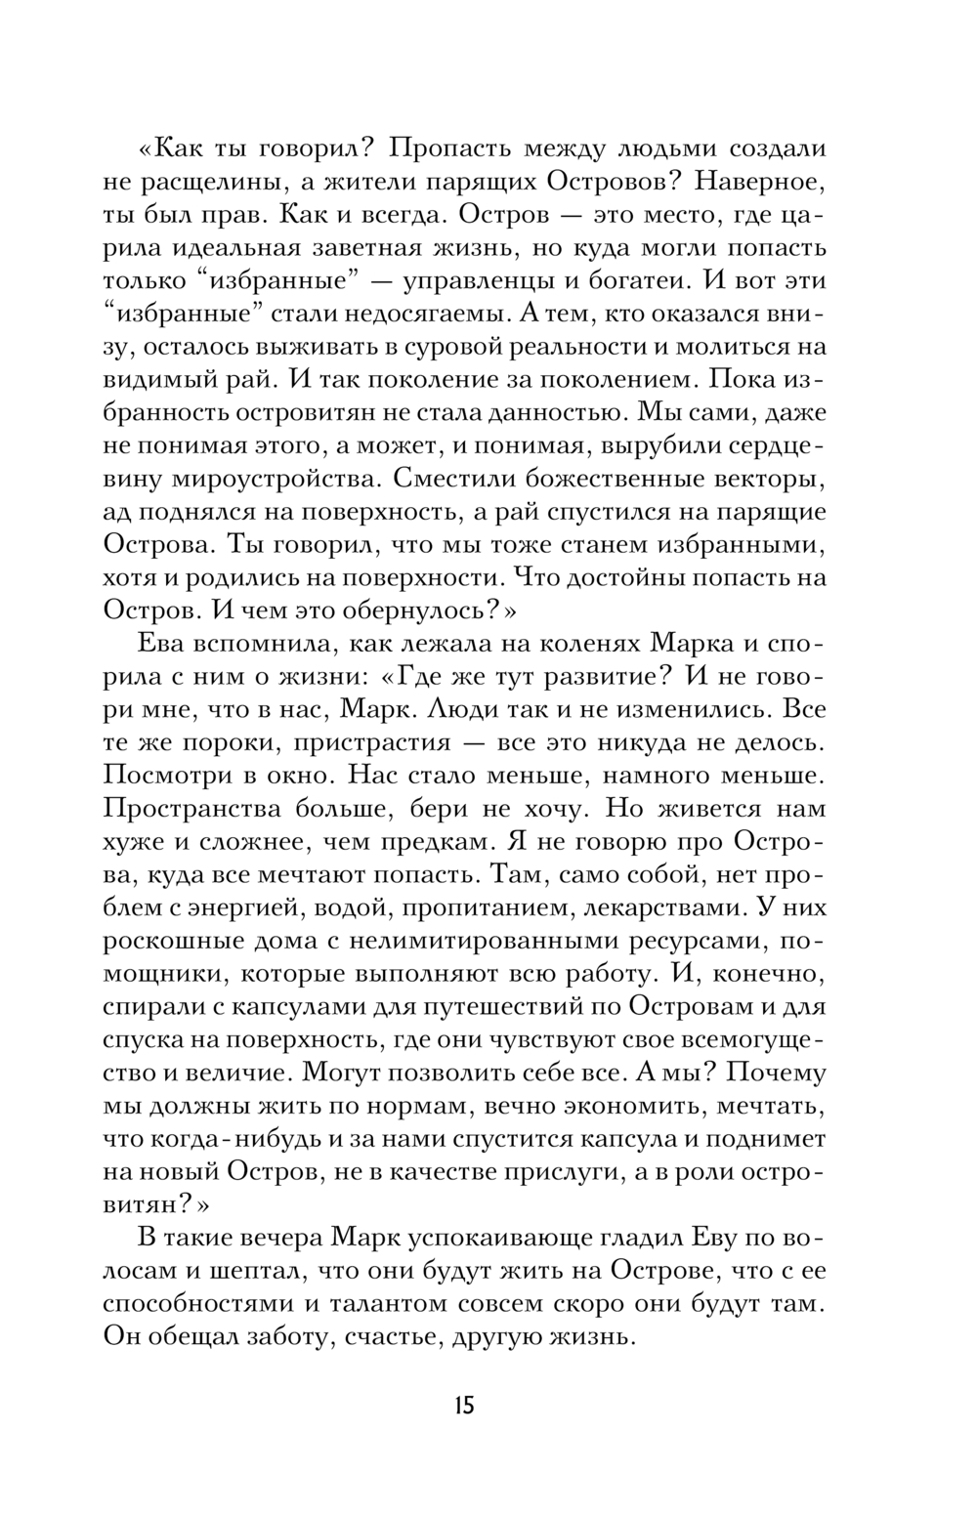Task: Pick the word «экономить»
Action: [x=603, y=1106]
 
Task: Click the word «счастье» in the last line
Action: [x=389, y=1337]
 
